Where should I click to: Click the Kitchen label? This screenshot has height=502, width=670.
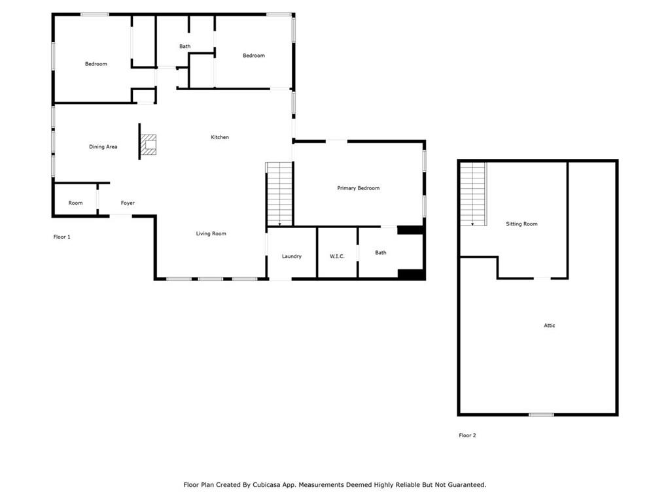pyautogui.click(x=219, y=137)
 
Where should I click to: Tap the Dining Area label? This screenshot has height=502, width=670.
pyautogui.click(x=103, y=147)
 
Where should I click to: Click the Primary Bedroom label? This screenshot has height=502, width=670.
pyautogui.click(x=358, y=188)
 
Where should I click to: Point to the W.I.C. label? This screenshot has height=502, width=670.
pyautogui.click(x=336, y=256)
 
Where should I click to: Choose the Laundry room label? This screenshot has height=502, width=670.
pyautogui.click(x=291, y=256)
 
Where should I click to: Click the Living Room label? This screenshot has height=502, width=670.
pyautogui.click(x=211, y=233)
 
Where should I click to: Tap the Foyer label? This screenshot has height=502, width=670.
pyautogui.click(x=128, y=203)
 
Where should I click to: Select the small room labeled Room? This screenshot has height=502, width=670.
pyautogui.click(x=75, y=203)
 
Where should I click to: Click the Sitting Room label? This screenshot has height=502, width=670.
pyautogui.click(x=521, y=224)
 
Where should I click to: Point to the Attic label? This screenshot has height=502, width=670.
pyautogui.click(x=549, y=326)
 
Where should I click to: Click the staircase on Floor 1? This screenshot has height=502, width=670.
pyautogui.click(x=279, y=195)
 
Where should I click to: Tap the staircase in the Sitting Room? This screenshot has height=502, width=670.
pyautogui.click(x=473, y=194)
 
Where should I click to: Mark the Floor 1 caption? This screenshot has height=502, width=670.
pyautogui.click(x=62, y=237)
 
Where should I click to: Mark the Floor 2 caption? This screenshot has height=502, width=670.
pyautogui.click(x=467, y=435)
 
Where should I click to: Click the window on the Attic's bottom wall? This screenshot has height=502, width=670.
pyautogui.click(x=541, y=414)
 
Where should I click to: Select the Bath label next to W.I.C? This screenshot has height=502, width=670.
pyautogui.click(x=381, y=252)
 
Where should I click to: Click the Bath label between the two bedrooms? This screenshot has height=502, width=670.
pyautogui.click(x=185, y=46)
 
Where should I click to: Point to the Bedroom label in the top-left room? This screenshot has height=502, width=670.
pyautogui.click(x=96, y=64)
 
